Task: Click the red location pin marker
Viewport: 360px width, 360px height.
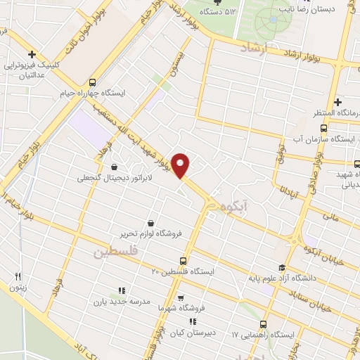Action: pyautogui.click(x=182, y=165)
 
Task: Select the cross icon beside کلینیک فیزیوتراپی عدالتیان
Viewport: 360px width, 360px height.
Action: pyautogui.click(x=32, y=55)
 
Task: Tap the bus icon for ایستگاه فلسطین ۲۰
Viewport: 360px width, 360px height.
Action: pyautogui.click(x=184, y=259)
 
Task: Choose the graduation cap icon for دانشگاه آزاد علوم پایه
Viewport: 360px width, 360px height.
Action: pyautogui.click(x=282, y=267)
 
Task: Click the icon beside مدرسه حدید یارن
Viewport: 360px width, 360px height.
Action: pyautogui.click(x=121, y=290)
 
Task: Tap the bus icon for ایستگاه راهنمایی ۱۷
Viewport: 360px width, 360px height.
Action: pyautogui.click(x=263, y=324)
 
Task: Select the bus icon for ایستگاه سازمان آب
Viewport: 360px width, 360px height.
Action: pyautogui.click(x=323, y=128)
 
